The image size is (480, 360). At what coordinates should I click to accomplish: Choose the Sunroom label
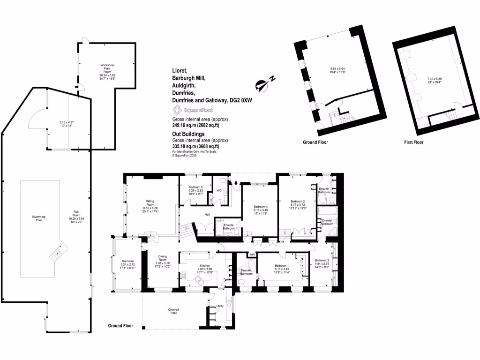pos(128,264)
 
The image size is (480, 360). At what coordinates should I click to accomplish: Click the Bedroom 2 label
pos(298,202)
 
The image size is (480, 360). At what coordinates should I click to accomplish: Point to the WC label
pos(219,190)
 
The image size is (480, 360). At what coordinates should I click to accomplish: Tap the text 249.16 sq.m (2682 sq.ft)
pos(195,126)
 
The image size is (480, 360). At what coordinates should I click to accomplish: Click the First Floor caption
pos(413,142)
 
